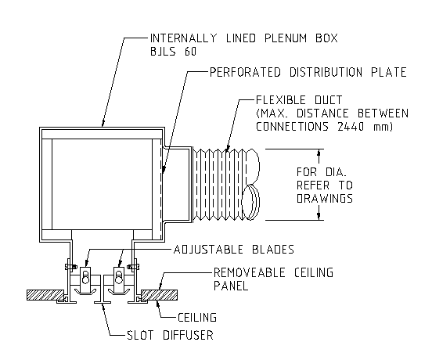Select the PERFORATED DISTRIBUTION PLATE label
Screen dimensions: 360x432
[308, 73]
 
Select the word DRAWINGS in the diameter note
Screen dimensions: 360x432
[325, 199]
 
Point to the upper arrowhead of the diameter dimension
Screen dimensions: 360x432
[319, 153]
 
